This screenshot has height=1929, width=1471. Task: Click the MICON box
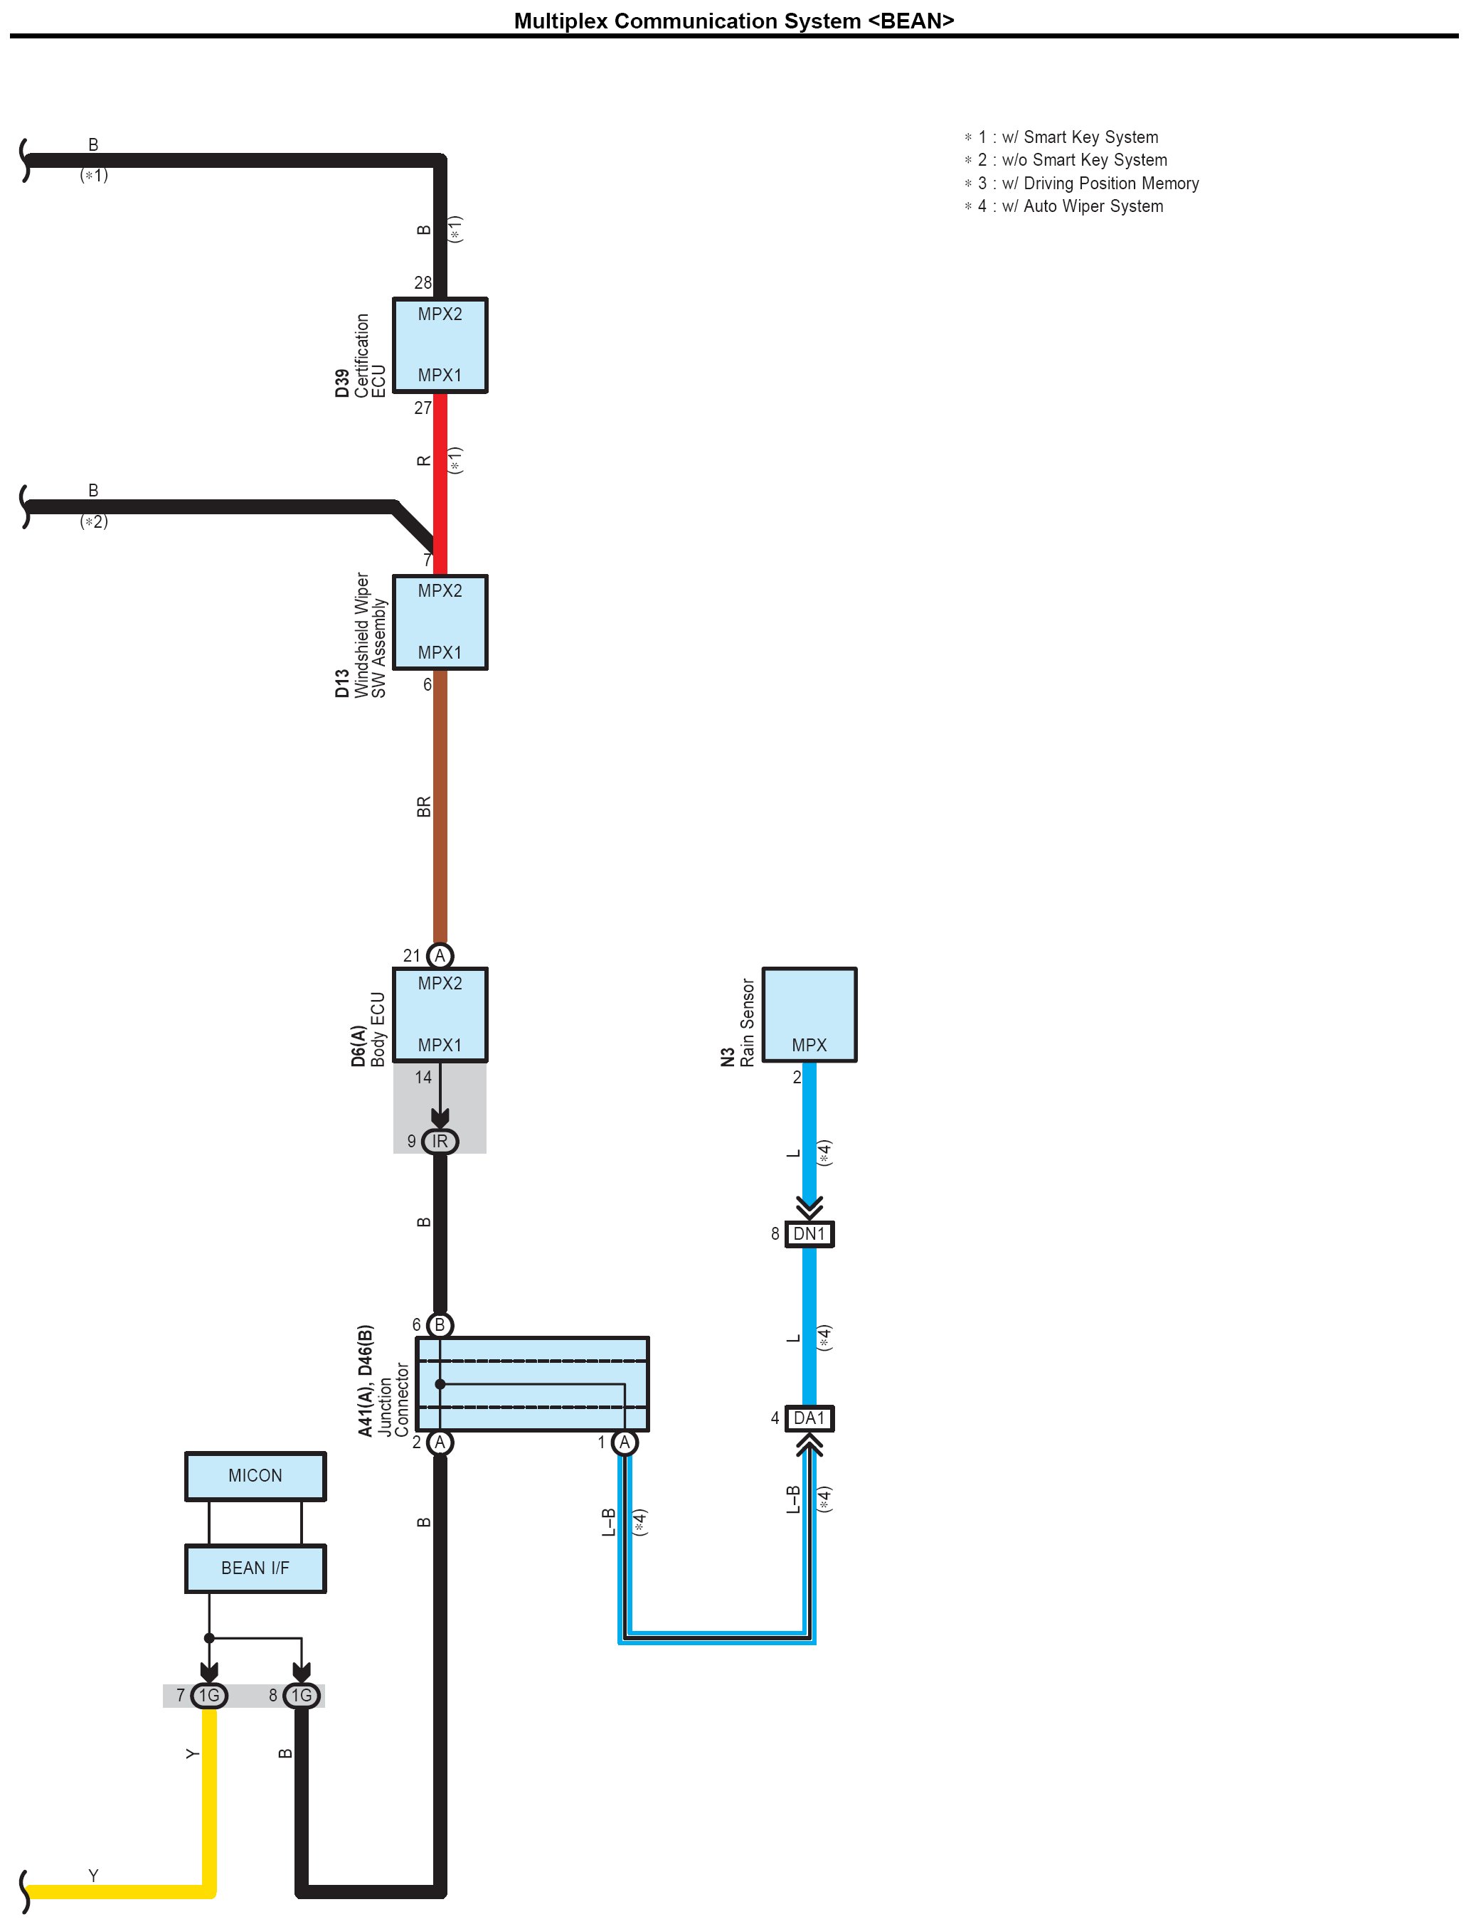[x=255, y=1475]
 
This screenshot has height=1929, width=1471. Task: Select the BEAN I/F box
[x=255, y=1568]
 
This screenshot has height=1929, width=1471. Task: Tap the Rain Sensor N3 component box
[x=809, y=1014]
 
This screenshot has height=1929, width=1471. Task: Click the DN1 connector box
[x=809, y=1234]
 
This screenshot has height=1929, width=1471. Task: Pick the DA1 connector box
[x=809, y=1418]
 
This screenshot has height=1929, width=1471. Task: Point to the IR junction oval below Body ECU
[x=440, y=1141]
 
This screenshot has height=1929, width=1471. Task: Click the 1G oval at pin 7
[x=208, y=1695]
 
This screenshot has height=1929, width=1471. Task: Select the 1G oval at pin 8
[x=301, y=1695]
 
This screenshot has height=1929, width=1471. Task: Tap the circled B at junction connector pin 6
[x=440, y=1325]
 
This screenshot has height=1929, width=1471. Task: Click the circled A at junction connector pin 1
[x=625, y=1442]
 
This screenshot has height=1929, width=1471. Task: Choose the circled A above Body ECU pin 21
[x=440, y=955]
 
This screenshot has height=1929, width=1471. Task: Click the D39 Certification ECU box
[x=440, y=345]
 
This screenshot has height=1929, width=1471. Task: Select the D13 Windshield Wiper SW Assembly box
[x=440, y=622]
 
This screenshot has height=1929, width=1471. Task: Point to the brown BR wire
[x=440, y=806]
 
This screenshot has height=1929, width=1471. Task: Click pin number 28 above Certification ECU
[x=423, y=283]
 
